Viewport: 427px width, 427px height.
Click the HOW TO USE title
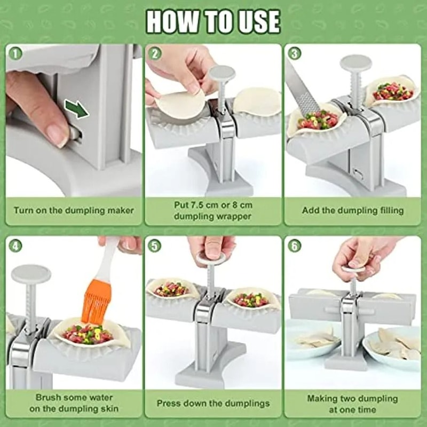(x=213, y=22)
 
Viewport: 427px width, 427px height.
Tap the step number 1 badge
(x=16, y=53)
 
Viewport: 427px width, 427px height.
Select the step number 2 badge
(x=155, y=53)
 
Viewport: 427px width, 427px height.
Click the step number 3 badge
(x=294, y=53)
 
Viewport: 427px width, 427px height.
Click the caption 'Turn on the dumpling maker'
(x=74, y=210)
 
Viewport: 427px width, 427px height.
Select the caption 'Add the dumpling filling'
(x=353, y=210)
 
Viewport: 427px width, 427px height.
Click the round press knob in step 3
(x=356, y=65)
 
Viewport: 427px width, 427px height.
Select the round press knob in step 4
(x=31, y=274)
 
